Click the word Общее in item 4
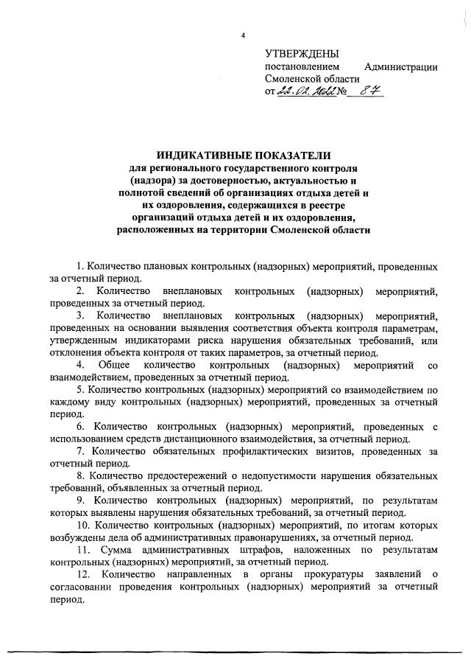pyautogui.click(x=119, y=366)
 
